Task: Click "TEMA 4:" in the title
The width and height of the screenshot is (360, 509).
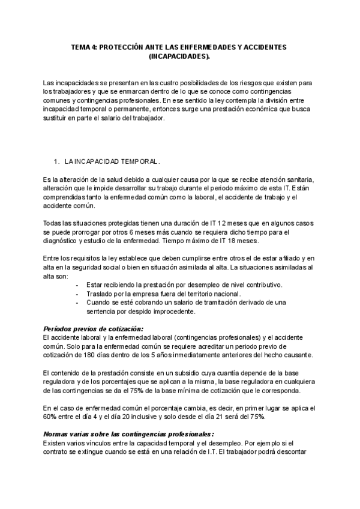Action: [83, 47]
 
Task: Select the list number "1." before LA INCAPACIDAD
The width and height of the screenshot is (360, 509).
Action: [57, 162]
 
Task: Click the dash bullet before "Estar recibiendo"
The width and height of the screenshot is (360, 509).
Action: [78, 285]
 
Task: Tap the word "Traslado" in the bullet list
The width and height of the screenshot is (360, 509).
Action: [100, 294]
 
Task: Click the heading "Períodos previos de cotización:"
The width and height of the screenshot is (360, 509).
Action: [94, 330]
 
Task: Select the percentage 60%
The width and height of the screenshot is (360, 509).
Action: [51, 417]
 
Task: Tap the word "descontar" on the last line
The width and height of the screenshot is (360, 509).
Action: [289, 453]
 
